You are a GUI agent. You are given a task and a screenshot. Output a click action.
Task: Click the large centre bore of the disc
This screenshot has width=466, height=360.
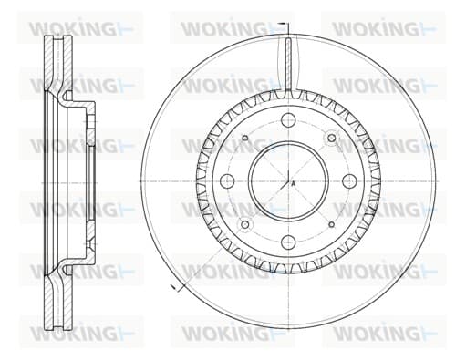[288, 181]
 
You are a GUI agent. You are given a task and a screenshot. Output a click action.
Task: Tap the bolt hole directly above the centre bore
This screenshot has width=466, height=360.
[288, 120]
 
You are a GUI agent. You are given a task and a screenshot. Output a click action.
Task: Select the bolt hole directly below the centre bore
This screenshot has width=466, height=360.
[288, 242]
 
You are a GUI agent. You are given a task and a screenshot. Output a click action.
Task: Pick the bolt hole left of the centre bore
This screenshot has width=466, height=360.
[227, 181]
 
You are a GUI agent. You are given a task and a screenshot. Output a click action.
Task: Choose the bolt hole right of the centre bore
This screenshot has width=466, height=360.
[349, 181]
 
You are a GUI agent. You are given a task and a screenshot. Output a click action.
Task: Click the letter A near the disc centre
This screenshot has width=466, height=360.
[294, 183]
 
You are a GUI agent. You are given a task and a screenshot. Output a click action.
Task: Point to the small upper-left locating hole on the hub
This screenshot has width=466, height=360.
[245, 139]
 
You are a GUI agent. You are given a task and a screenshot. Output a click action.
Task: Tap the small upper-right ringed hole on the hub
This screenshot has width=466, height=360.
[331, 139]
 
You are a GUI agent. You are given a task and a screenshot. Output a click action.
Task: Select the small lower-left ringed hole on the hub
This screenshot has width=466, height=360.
[245, 224]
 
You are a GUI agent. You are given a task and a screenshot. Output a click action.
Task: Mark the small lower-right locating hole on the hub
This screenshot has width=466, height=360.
[332, 224]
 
